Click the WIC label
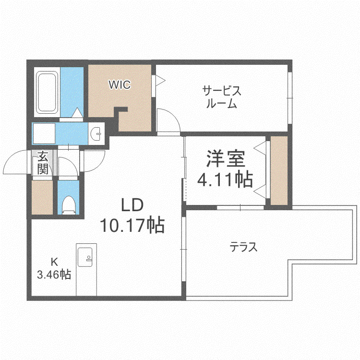click(x=120, y=84)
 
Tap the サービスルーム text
click(x=222, y=97)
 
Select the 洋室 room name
click(x=226, y=158)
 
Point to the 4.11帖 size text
click(x=225, y=179)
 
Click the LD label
click(x=132, y=205)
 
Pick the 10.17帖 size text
click(x=132, y=225)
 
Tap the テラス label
click(x=243, y=247)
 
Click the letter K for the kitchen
click(x=54, y=262)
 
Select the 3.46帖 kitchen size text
click(x=54, y=274)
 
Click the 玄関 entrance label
click(x=43, y=163)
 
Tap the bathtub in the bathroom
click(x=47, y=92)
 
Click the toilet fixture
click(x=69, y=205)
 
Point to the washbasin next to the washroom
click(x=96, y=133)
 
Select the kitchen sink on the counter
click(x=85, y=257)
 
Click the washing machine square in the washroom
click(x=44, y=133)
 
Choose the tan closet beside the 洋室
click(x=279, y=170)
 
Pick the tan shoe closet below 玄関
click(x=42, y=197)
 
